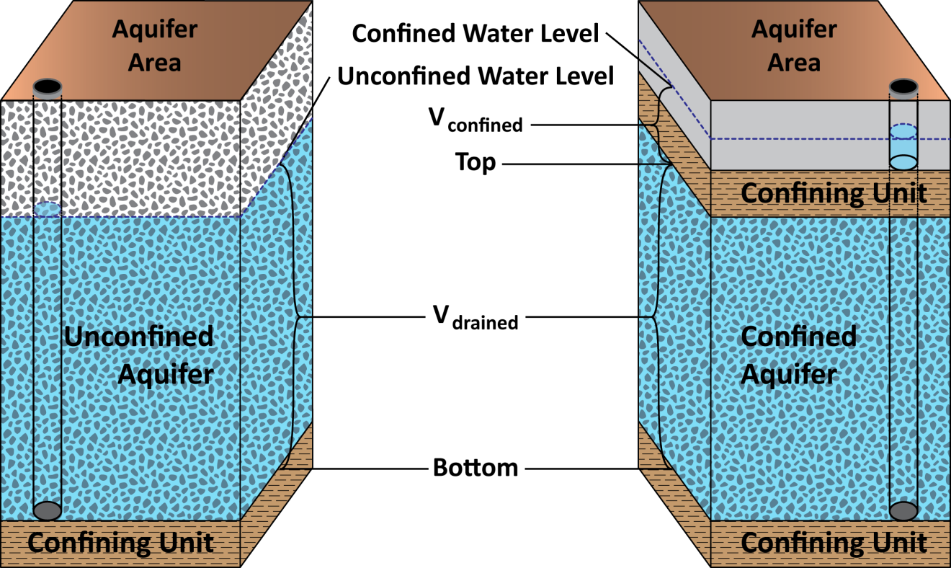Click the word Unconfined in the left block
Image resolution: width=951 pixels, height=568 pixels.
coord(138,337)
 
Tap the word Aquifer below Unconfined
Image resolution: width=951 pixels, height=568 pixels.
coord(166,375)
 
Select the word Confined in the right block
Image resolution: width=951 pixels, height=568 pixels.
coord(798,337)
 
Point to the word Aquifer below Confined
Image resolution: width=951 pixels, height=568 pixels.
coord(788,375)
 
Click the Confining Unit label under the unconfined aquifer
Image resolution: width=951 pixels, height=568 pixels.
coord(120,543)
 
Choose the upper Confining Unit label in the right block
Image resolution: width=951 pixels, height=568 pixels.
coord(834,193)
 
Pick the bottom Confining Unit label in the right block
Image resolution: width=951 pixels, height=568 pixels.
coord(834,543)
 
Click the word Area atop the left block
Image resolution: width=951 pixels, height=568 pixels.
coord(154,63)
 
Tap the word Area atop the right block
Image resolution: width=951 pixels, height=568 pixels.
coord(794,63)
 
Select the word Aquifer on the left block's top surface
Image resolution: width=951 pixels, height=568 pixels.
coord(154,30)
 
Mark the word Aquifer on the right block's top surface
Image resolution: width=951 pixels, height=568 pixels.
coord(794,30)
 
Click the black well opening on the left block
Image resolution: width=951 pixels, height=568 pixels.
coord(48,86)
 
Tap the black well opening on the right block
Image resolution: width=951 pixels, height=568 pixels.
coord(903,86)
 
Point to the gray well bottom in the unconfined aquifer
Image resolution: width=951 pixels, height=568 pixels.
coord(48,510)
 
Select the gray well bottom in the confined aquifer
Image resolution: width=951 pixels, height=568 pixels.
coord(903,510)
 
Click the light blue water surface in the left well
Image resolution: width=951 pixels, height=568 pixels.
coord(48,210)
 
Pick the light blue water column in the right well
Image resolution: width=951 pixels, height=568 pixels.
coord(903,148)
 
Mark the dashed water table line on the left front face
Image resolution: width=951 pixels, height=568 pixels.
coord(144,217)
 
